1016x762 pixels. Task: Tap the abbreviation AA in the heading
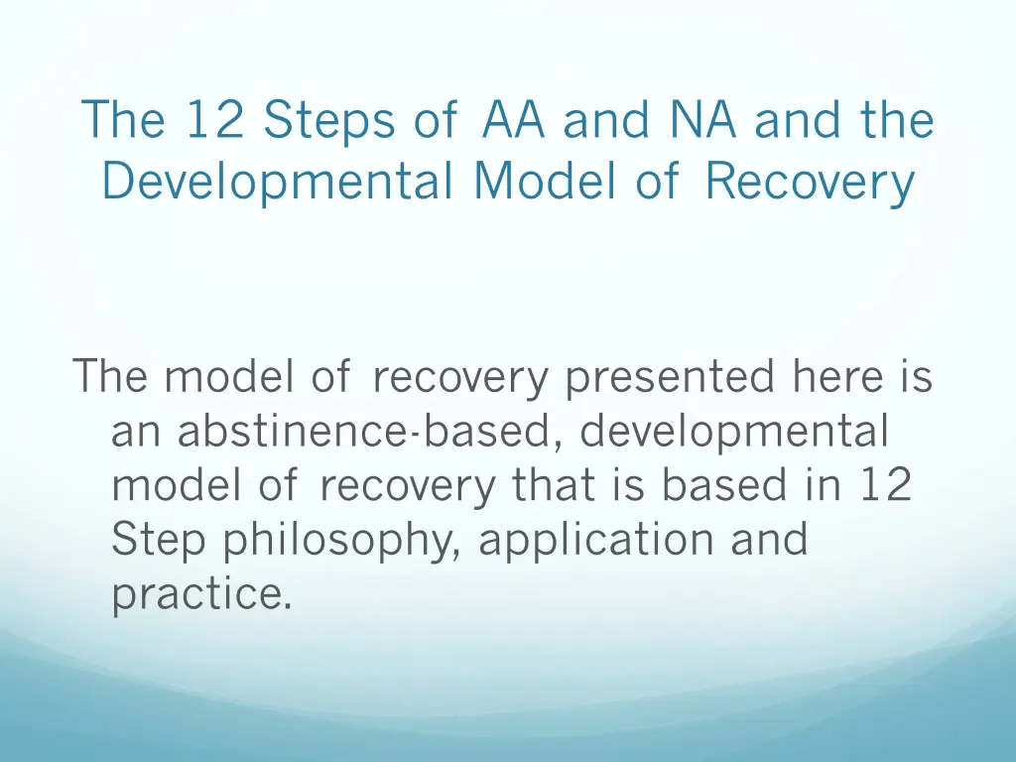click(515, 121)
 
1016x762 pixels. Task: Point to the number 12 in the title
click(213, 121)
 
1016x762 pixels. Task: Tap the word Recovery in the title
click(810, 183)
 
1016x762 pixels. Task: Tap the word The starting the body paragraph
click(111, 378)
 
